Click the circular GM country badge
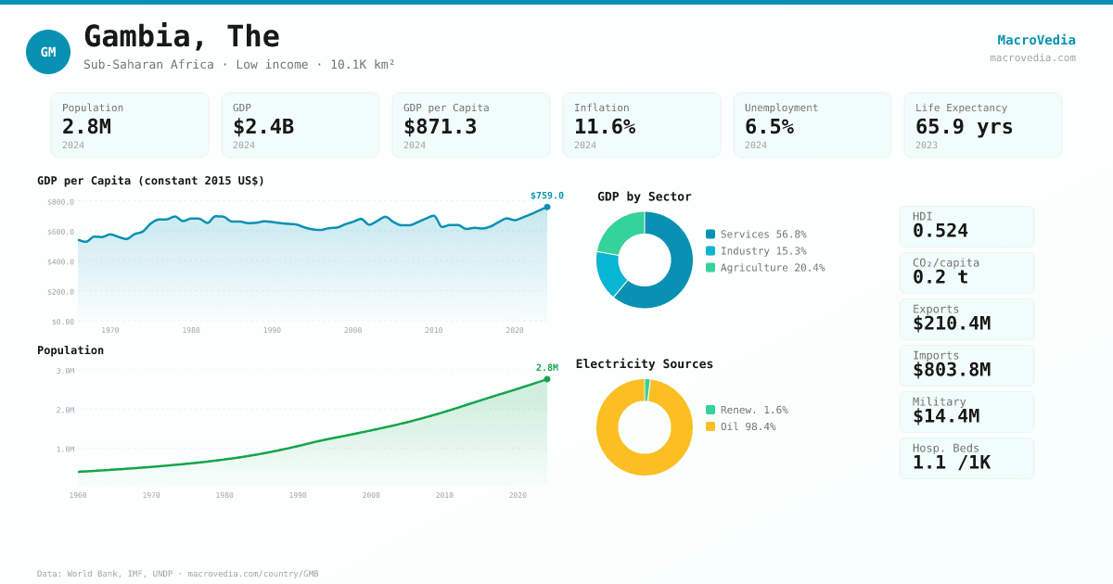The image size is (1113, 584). click(48, 52)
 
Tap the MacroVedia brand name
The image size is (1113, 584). click(1036, 40)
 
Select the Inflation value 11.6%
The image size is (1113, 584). click(605, 127)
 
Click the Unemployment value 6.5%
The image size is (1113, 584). click(769, 127)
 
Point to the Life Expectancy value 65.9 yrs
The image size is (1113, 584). click(964, 127)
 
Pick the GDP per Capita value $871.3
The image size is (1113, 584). click(440, 127)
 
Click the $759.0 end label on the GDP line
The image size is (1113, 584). click(546, 196)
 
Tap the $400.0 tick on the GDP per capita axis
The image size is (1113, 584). click(61, 261)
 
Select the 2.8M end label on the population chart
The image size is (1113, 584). click(546, 368)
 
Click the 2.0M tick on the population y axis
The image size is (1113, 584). click(65, 410)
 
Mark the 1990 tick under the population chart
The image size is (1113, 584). click(298, 495)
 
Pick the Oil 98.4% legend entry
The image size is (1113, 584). click(748, 427)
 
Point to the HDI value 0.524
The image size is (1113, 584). click(940, 231)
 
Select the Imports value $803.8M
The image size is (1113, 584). click(951, 370)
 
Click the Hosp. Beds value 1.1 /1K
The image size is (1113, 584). click(951, 463)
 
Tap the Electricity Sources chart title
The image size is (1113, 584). click(644, 364)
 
